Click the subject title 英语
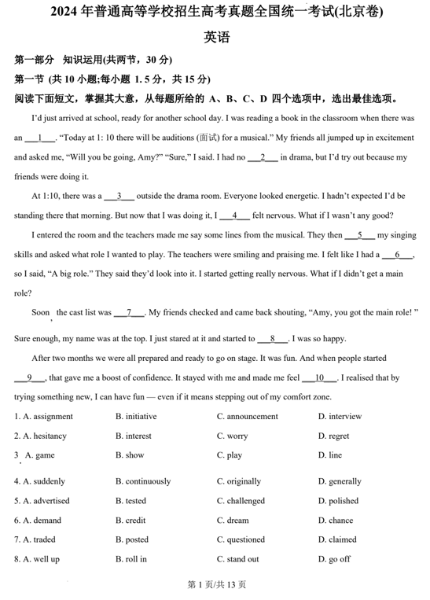click(x=215, y=37)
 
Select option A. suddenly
click(x=44, y=481)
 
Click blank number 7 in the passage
click(x=129, y=312)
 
